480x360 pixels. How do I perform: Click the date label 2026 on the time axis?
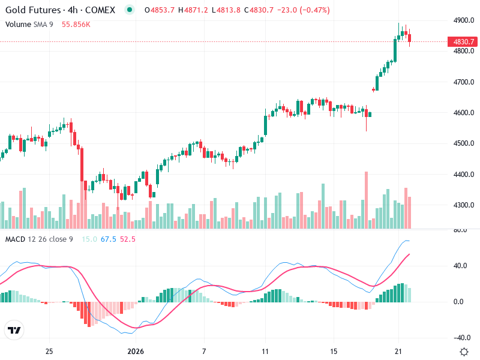[136, 351]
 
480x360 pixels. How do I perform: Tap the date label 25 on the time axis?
[50, 351]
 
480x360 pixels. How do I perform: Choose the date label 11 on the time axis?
[265, 351]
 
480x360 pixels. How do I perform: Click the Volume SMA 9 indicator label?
[28, 24]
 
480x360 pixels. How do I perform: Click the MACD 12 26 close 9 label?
[39, 239]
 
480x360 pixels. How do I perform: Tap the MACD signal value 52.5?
[127, 239]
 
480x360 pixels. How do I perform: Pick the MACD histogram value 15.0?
[89, 239]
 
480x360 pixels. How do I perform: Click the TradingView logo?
[14, 331]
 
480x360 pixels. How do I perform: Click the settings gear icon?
[464, 352]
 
